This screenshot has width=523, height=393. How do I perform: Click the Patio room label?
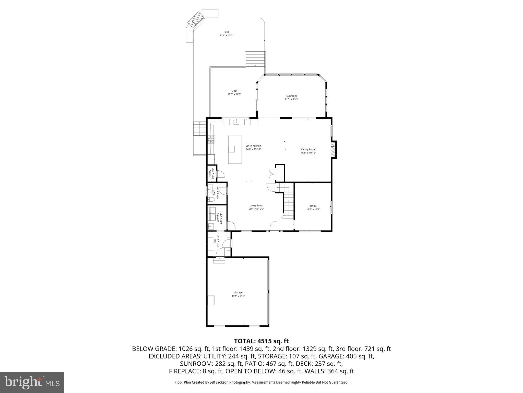(226, 32)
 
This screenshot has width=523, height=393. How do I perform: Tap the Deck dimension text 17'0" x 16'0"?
(234, 94)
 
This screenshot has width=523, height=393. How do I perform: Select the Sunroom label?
(291, 96)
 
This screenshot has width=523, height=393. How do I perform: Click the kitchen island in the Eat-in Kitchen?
(235, 150)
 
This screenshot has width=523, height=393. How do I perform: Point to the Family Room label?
(308, 149)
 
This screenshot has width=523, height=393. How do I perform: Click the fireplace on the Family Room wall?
(333, 149)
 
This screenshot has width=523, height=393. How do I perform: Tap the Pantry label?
(210, 173)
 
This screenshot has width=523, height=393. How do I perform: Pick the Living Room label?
(256, 205)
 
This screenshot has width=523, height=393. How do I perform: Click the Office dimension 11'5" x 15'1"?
(313, 209)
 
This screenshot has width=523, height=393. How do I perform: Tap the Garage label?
(238, 292)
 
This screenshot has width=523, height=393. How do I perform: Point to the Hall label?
(215, 241)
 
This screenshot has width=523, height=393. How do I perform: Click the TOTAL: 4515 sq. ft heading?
(261, 341)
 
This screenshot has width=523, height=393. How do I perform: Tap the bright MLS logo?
(32, 383)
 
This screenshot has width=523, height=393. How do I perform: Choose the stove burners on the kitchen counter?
(211, 139)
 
